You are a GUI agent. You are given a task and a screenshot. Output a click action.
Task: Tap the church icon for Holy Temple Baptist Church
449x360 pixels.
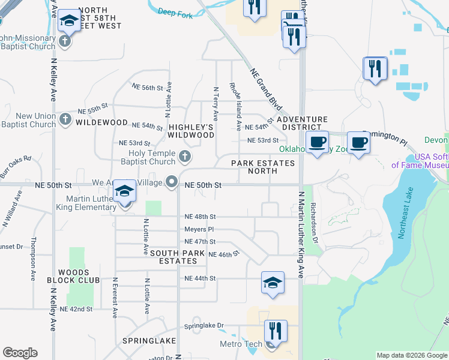click(x=185, y=157)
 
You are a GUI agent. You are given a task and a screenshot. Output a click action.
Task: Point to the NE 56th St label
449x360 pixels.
click(x=148, y=88)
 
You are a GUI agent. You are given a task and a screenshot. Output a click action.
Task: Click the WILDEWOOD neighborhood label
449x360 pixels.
click(x=102, y=122)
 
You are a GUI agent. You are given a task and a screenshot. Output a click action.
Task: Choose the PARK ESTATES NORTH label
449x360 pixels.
click(x=263, y=167)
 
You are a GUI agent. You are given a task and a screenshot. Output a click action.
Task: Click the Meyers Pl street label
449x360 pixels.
click(x=199, y=229)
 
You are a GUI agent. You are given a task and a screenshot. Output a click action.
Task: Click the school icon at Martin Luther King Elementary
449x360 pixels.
click(x=125, y=191)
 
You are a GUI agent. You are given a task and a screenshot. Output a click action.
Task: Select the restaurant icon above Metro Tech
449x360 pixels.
click(x=276, y=331)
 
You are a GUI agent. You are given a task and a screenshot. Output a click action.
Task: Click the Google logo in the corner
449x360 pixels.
click(x=20, y=353)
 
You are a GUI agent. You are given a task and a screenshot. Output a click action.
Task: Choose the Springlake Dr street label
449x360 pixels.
click(x=203, y=326)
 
